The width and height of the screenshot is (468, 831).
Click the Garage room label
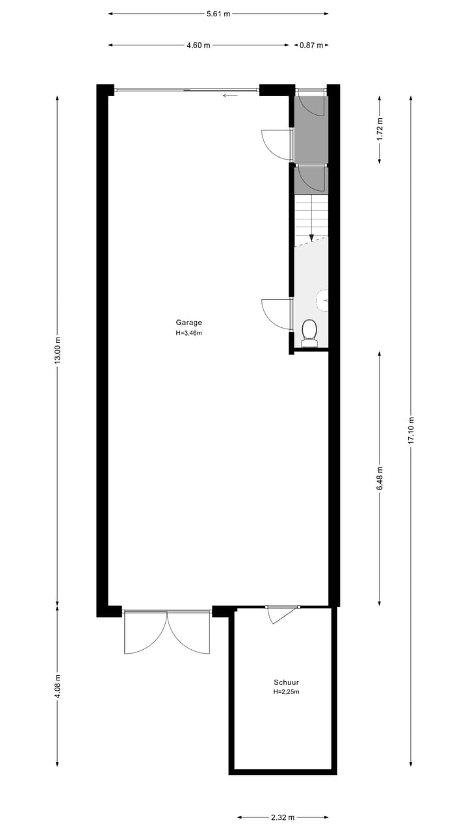188,322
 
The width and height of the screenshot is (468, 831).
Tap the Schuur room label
286,682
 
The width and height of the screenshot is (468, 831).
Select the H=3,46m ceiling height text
188,333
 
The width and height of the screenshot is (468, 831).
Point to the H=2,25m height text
286,692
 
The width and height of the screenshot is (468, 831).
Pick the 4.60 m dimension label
198,45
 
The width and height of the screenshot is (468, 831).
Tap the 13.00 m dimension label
57,351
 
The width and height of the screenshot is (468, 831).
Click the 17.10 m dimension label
411,428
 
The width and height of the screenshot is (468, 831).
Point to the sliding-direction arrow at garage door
230,96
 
